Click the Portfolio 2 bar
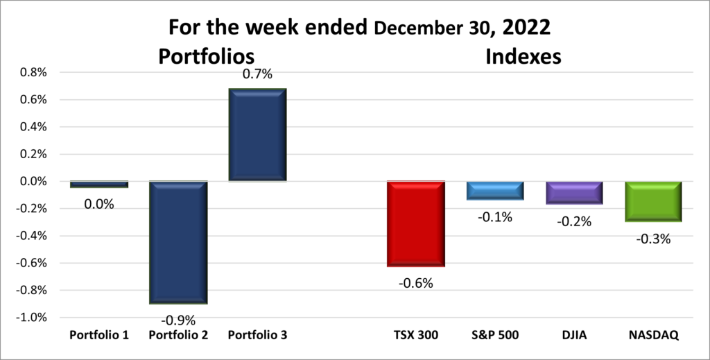pos(178,242)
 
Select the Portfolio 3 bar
pos(258,135)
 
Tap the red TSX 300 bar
pos(416,223)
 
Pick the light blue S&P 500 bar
pos(495,191)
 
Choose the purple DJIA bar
pos(574,193)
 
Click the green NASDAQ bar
pos(653,201)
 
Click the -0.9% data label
pos(179,320)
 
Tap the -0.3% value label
pos(654,239)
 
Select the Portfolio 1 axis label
pos(99,335)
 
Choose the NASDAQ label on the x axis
pos(653,335)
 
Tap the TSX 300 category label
pos(416,335)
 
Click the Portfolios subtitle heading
pos(207,55)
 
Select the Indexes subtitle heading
pos(523,55)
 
